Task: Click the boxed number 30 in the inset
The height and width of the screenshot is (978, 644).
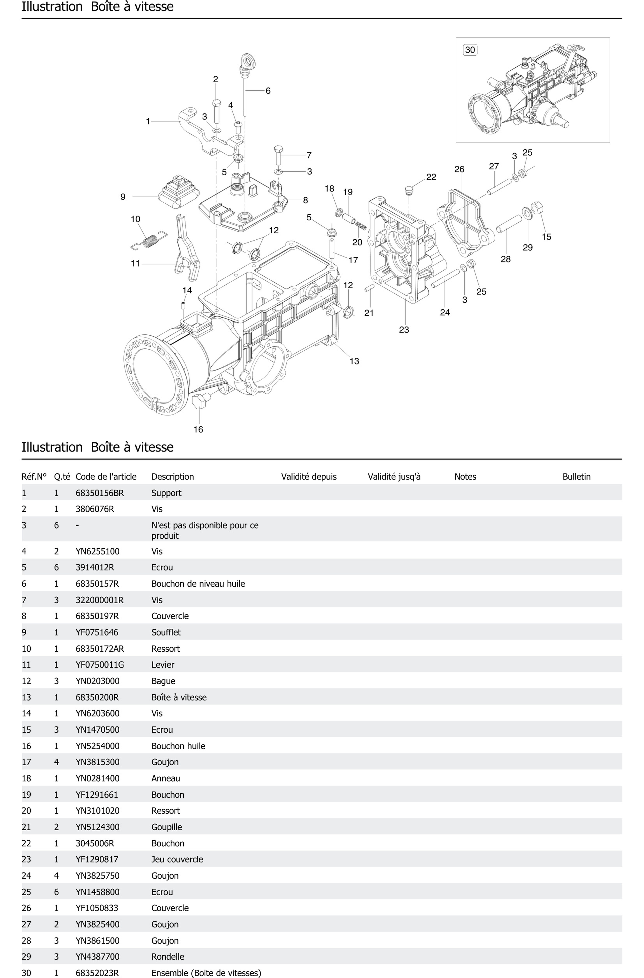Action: [x=470, y=50]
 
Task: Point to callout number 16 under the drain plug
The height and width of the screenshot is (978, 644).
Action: [x=198, y=429]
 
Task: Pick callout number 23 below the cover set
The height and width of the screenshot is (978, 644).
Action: [x=404, y=330]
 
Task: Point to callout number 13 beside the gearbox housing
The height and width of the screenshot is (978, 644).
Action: [x=354, y=361]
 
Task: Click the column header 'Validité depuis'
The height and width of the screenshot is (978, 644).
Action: [x=308, y=477]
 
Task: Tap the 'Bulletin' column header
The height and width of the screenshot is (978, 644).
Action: [x=576, y=477]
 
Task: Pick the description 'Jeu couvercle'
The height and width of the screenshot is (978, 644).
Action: [x=177, y=859]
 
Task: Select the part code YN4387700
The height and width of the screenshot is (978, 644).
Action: [x=97, y=957]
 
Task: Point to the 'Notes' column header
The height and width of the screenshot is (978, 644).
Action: [x=465, y=477]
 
